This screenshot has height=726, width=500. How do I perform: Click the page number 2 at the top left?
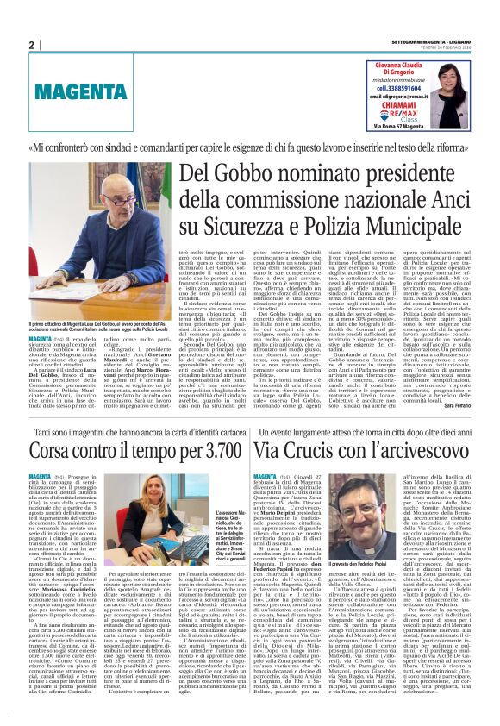(x=31, y=45)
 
